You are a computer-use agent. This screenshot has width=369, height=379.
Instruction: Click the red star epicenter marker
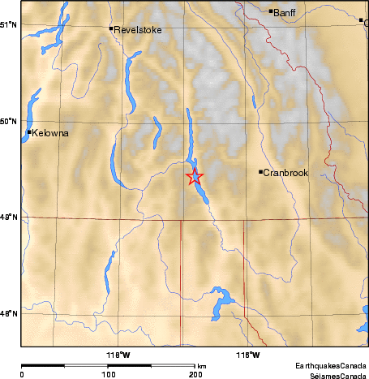pyautogui.click(x=195, y=176)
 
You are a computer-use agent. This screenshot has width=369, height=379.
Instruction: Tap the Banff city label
pyautogui.click(x=285, y=12)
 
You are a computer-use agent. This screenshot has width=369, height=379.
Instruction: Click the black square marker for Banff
pyautogui.click(x=271, y=11)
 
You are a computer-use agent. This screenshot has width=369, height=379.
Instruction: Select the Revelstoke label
pyautogui.click(x=138, y=30)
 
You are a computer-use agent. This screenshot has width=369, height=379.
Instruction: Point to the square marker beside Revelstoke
pyautogui.click(x=111, y=28)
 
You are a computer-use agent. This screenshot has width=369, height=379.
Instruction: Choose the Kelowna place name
pyautogui.click(x=49, y=132)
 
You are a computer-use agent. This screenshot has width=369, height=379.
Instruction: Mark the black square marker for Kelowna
pyautogui.click(x=29, y=131)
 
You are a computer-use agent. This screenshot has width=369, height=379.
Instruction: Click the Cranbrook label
pyautogui.click(x=285, y=172)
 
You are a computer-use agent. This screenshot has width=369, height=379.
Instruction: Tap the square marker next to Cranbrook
pyautogui.click(x=260, y=171)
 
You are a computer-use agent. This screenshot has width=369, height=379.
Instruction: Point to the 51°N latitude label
pyautogui.click(x=8, y=24)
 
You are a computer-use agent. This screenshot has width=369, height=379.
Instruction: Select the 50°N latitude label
pyautogui.click(x=8, y=122)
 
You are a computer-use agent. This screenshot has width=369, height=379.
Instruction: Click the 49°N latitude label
pyautogui.click(x=8, y=217)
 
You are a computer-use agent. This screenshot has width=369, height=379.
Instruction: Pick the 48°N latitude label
pyautogui.click(x=8, y=313)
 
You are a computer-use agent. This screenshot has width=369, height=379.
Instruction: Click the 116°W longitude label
pyautogui.click(x=247, y=354)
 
